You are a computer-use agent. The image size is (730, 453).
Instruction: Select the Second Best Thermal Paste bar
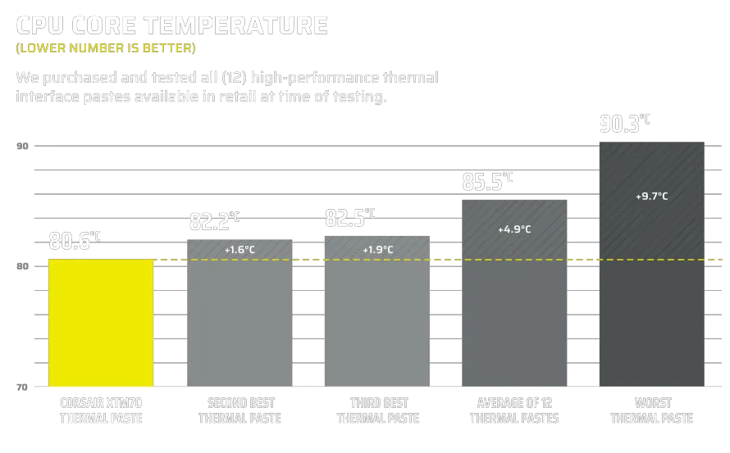(240, 315)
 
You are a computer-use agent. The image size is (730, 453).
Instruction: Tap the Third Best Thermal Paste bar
(377, 315)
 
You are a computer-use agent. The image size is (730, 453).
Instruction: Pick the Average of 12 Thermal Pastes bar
(515, 295)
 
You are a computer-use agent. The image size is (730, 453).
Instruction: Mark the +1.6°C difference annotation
(240, 249)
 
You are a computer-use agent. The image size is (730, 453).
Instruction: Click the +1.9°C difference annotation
(377, 249)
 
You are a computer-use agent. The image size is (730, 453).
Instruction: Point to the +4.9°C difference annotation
(515, 229)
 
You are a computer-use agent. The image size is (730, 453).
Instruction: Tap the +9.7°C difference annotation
(652, 197)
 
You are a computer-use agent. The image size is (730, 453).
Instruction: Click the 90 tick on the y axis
(22, 147)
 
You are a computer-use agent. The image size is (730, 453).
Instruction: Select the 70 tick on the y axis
(22, 386)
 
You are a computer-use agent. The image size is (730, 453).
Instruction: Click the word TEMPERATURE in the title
(235, 25)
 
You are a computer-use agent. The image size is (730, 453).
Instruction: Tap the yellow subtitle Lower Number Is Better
(106, 48)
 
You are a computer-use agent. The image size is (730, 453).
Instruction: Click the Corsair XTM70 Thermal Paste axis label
(101, 410)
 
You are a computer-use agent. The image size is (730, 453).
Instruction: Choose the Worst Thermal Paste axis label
(652, 410)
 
